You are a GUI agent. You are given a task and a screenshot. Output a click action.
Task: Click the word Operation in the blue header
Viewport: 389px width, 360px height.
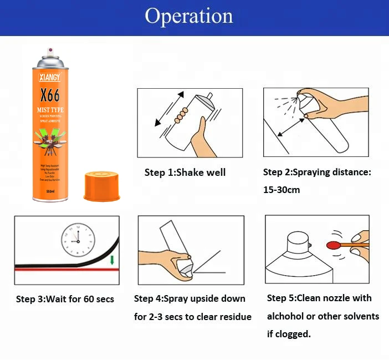189,16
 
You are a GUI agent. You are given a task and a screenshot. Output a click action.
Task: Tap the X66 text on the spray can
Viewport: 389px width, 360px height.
50,93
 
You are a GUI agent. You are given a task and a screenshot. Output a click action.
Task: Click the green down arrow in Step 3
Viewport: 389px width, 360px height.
112,260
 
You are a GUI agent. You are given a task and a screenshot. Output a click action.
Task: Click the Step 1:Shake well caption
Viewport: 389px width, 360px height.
185,173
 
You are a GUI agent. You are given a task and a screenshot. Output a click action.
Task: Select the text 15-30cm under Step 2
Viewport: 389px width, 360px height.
281,190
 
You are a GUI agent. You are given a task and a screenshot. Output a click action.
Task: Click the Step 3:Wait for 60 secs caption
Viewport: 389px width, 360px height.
65,299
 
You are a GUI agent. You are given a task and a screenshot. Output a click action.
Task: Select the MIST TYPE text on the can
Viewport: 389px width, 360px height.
50,110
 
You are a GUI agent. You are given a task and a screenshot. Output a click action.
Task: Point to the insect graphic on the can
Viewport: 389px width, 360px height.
50,141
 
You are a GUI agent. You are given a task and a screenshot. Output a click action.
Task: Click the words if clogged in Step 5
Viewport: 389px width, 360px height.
289,334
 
